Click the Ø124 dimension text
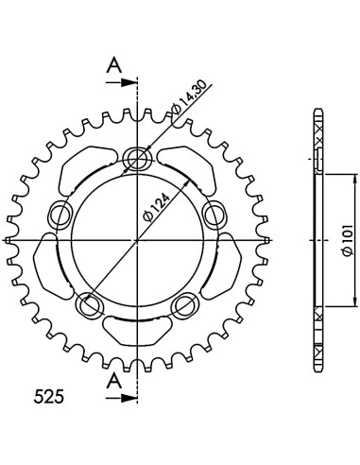tap(157, 206)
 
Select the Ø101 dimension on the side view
tap(348, 240)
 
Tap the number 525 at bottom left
tap(49, 396)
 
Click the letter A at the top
tap(114, 66)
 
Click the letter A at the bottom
tap(114, 382)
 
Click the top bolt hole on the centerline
tap(137, 158)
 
